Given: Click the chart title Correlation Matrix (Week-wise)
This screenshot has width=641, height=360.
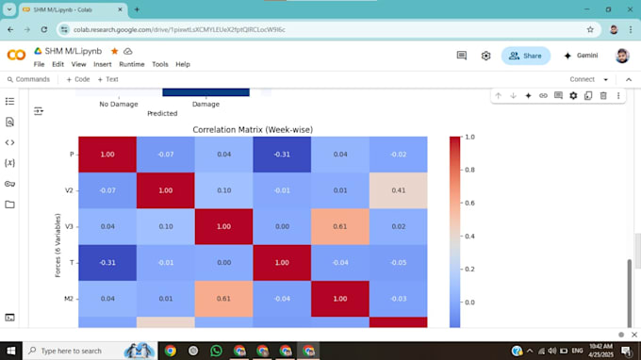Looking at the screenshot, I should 252,129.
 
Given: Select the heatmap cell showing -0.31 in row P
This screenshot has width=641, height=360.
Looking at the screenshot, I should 282,155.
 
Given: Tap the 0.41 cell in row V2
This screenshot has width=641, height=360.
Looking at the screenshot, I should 398,190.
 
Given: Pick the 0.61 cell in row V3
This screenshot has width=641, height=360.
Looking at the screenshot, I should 340,226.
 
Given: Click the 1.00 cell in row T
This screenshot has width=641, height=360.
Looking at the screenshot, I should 282,262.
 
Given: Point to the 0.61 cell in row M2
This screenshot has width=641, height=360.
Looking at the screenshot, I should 224,299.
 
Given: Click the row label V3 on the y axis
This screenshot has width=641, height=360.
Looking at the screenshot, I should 69,226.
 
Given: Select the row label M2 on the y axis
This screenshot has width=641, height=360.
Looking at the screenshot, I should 69,299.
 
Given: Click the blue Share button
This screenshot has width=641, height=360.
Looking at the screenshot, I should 525,56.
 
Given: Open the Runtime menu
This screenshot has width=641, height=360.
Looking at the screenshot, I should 132,64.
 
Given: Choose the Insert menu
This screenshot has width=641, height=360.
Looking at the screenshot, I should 103,64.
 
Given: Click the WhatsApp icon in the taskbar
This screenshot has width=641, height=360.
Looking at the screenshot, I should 216,351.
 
